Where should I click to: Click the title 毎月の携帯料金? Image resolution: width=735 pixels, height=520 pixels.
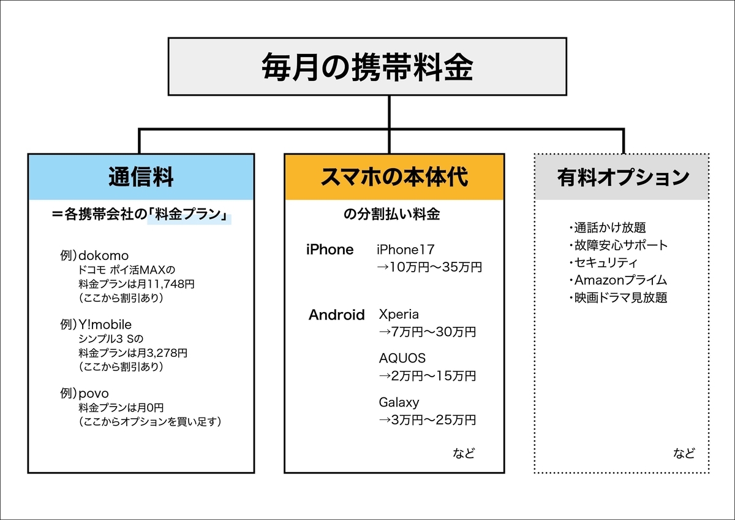(x=367, y=67)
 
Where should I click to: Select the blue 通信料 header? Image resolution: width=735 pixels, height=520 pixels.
(x=141, y=177)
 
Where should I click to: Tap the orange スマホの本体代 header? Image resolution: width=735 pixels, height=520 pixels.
(x=394, y=177)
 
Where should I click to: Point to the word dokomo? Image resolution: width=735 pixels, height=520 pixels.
(x=104, y=256)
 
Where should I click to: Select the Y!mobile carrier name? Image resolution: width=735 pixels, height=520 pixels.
(x=105, y=324)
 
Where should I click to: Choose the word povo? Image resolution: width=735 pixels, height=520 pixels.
(x=94, y=394)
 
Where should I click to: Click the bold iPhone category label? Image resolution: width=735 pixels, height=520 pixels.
(x=330, y=250)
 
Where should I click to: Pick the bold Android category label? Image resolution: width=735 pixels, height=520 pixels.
(x=337, y=315)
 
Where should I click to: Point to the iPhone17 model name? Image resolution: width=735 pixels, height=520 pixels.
(x=405, y=250)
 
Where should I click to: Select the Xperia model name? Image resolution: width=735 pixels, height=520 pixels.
(x=399, y=315)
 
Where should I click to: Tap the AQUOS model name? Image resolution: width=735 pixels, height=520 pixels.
(x=402, y=358)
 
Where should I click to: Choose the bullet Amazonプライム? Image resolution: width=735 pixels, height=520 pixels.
(x=618, y=280)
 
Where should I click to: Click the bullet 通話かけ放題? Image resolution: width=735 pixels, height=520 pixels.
(x=608, y=227)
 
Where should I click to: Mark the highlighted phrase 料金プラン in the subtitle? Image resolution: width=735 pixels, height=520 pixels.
(x=187, y=215)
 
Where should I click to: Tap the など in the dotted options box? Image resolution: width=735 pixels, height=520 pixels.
(x=684, y=453)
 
